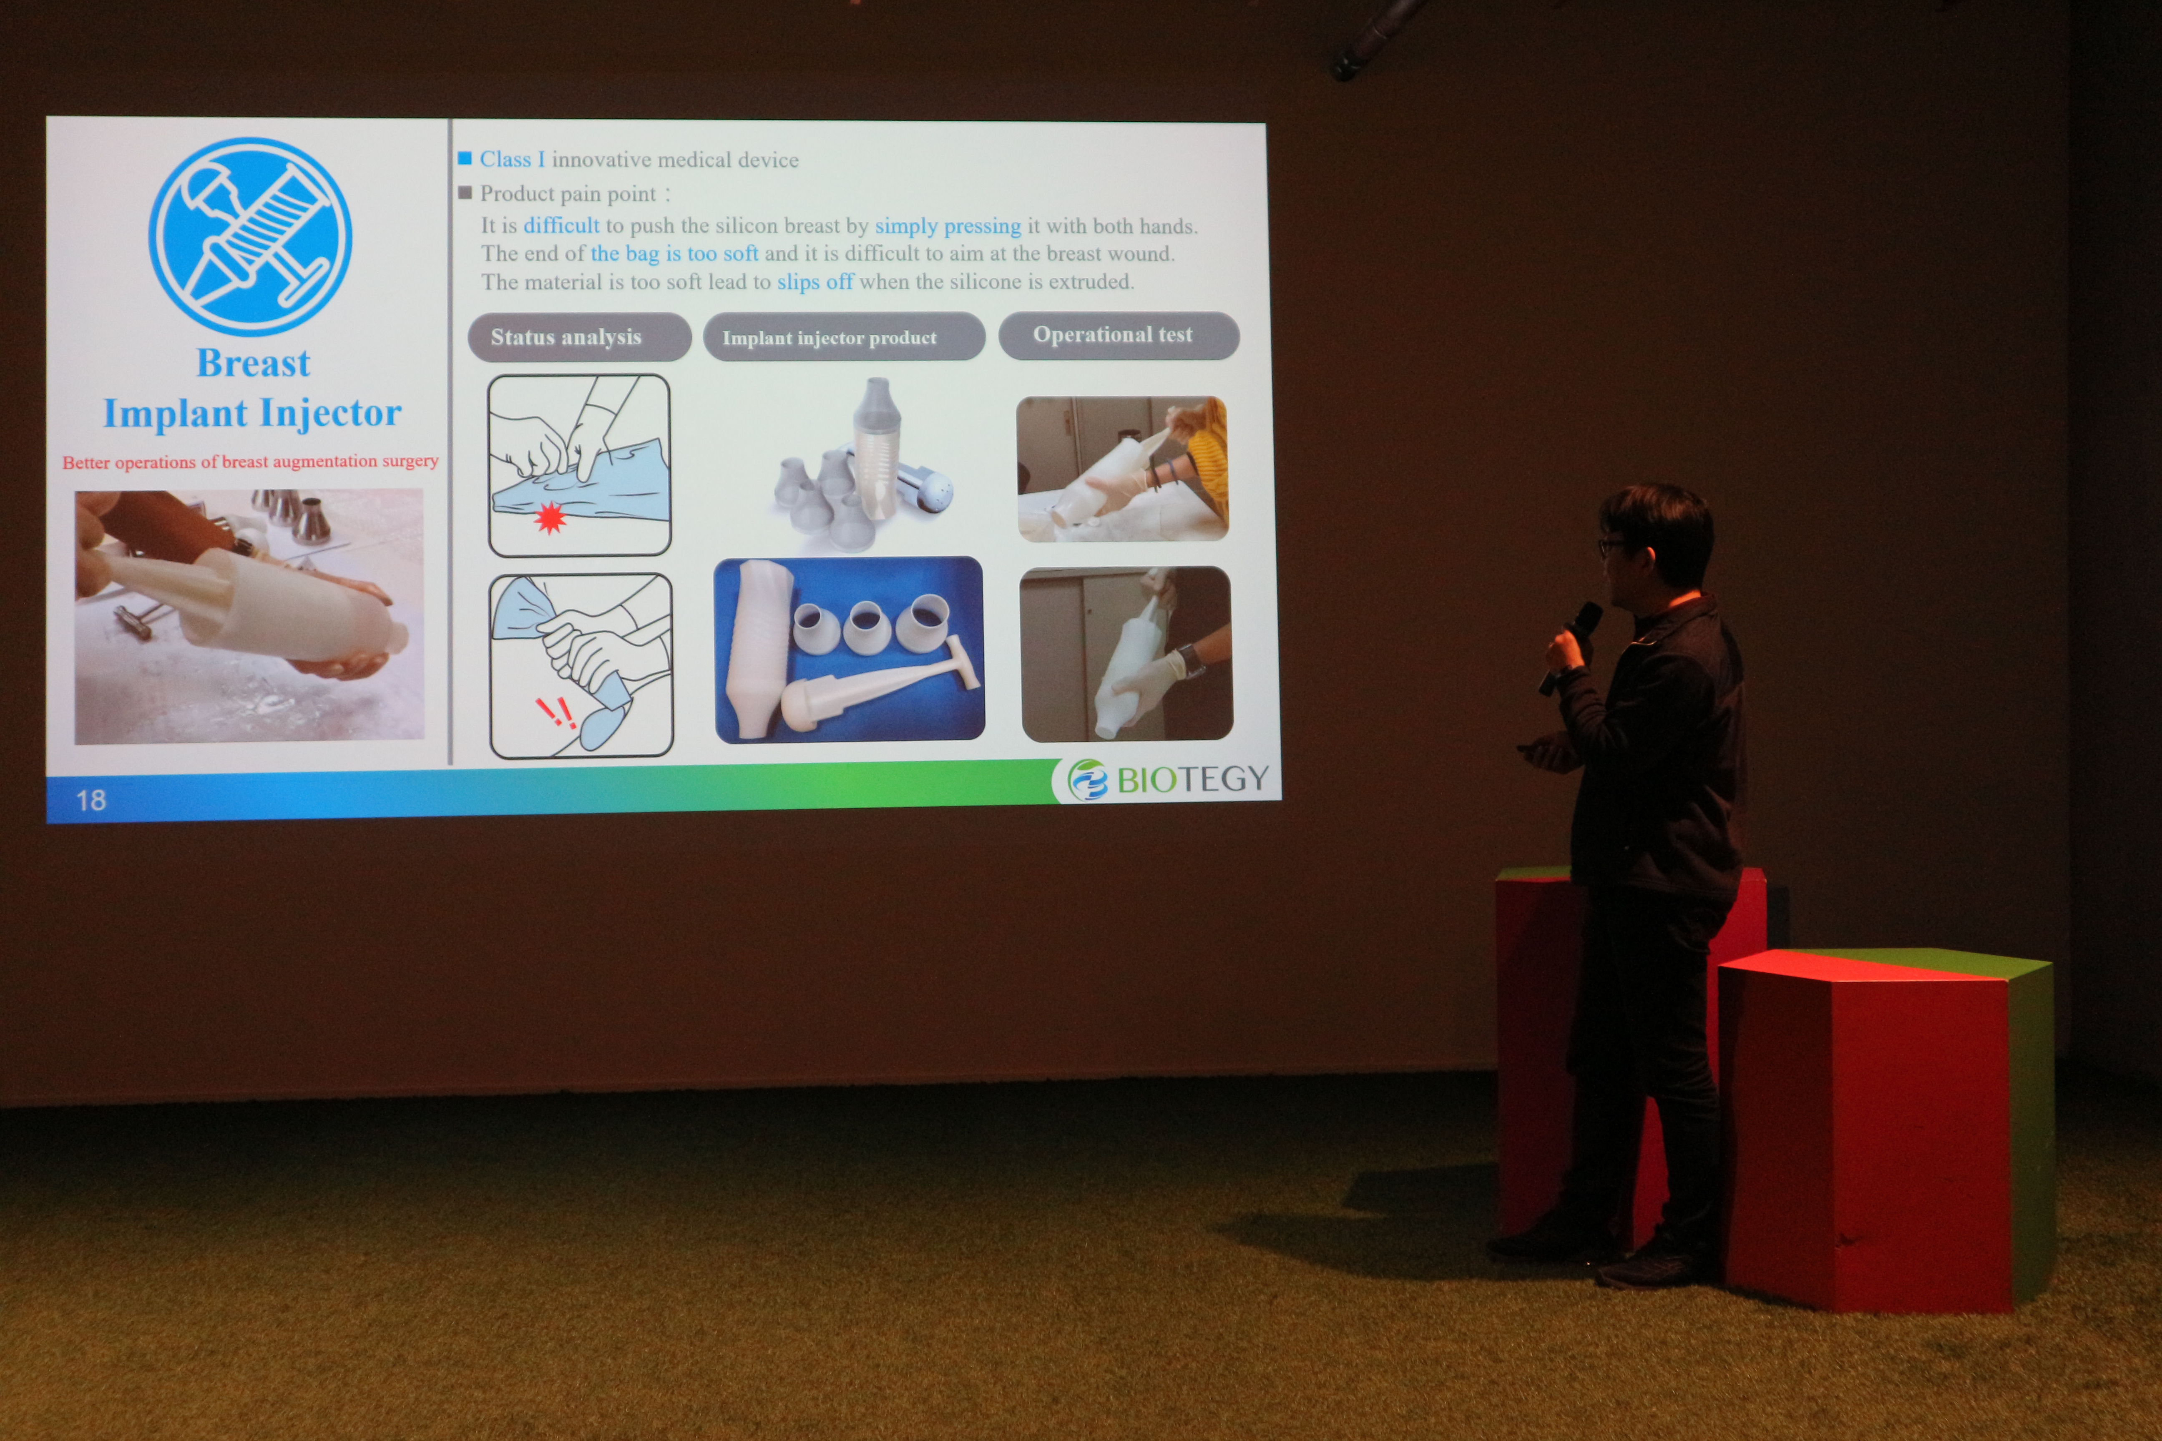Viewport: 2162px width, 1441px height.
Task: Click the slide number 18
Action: pos(91,801)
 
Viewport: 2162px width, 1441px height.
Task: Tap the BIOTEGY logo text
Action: pos(1192,779)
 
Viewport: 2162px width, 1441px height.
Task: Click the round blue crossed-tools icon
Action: pos(250,236)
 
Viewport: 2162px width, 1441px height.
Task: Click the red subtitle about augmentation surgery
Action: pos(250,461)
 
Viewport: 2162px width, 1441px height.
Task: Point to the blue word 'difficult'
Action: pos(561,225)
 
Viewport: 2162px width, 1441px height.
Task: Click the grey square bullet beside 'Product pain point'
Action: pos(465,192)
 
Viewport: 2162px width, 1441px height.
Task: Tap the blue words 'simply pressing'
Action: pos(948,226)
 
